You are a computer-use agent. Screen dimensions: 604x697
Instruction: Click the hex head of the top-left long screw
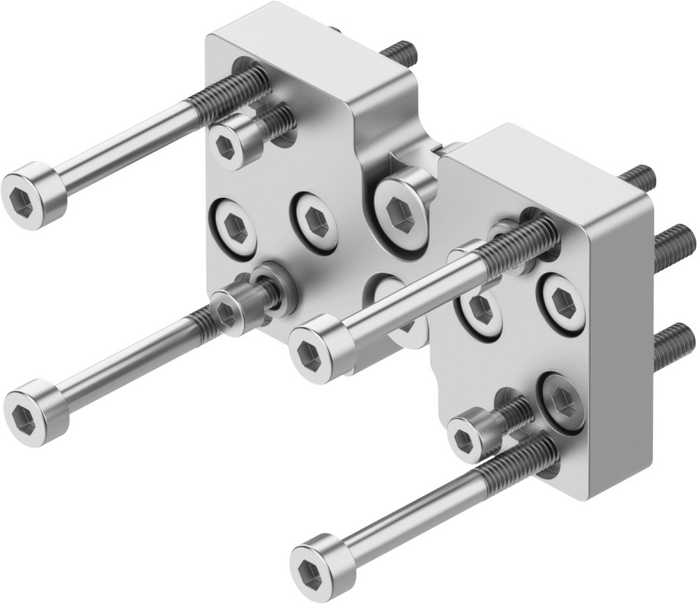[x=33, y=197]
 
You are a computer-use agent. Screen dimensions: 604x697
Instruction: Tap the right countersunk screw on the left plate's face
[x=314, y=222]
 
